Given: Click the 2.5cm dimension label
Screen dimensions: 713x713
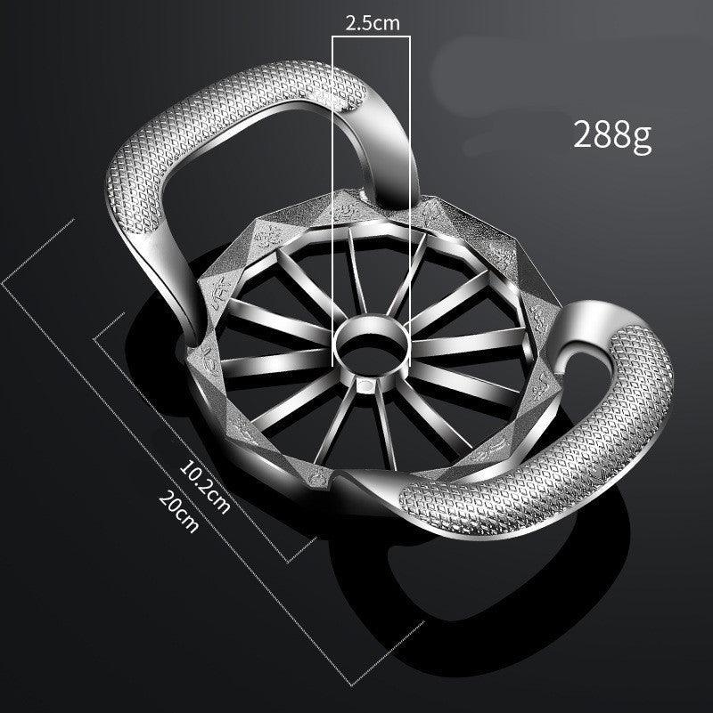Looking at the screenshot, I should click(x=372, y=24).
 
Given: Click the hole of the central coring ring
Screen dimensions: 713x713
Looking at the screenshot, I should click(x=372, y=343).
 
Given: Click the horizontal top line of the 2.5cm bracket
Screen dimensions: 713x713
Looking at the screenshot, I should click(x=372, y=37).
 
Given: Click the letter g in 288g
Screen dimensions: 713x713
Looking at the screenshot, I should click(x=642, y=138).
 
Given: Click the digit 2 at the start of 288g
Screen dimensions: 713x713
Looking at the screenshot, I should click(x=583, y=135).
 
